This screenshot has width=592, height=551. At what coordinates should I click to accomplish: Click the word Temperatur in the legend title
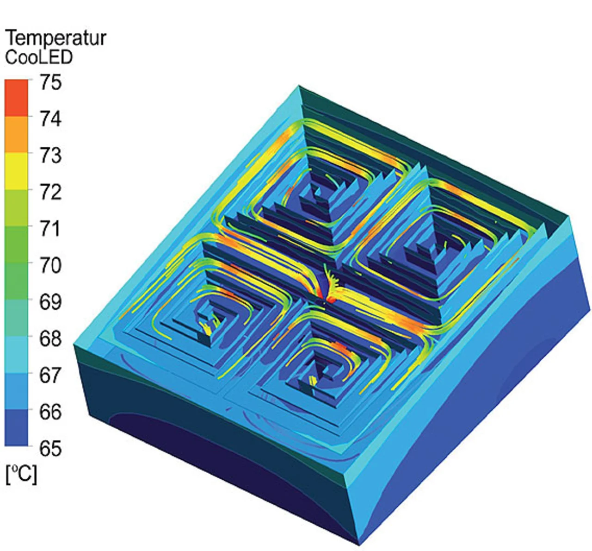point(56,38)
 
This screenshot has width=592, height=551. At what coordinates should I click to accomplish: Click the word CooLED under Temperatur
point(39,57)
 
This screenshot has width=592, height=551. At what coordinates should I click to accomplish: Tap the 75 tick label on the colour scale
point(51,82)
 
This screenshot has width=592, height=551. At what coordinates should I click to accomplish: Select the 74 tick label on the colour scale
point(51,119)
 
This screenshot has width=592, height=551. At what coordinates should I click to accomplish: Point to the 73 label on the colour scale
point(51,156)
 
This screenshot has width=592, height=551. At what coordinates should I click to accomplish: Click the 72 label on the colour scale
point(51,192)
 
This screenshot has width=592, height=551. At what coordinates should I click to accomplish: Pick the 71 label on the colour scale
point(51,229)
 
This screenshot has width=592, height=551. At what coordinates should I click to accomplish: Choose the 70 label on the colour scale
point(51,266)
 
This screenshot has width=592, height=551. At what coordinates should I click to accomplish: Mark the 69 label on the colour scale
point(51,302)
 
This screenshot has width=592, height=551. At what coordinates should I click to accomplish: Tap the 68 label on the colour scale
point(51,339)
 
